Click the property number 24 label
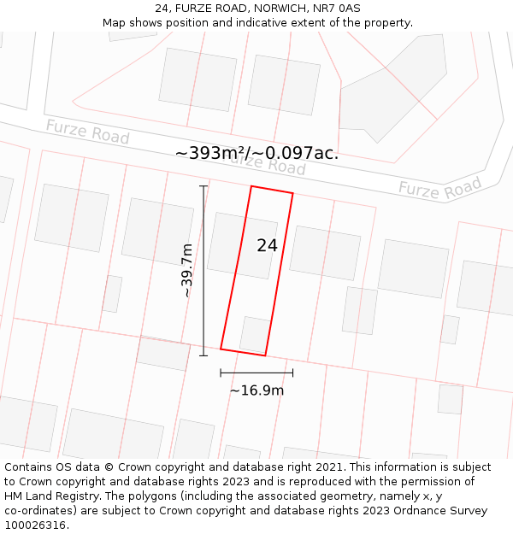point(267,245)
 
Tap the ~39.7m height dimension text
point(187,270)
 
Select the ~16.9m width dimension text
point(256,390)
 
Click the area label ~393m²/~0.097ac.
point(256,153)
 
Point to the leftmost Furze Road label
point(87,132)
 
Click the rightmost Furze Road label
point(440,188)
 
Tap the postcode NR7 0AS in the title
point(337,9)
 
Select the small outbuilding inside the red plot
point(255,334)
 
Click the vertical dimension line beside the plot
point(203,270)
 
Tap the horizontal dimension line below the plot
point(256,373)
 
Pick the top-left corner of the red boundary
point(251,186)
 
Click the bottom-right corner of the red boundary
point(265,355)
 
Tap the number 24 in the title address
point(162,9)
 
